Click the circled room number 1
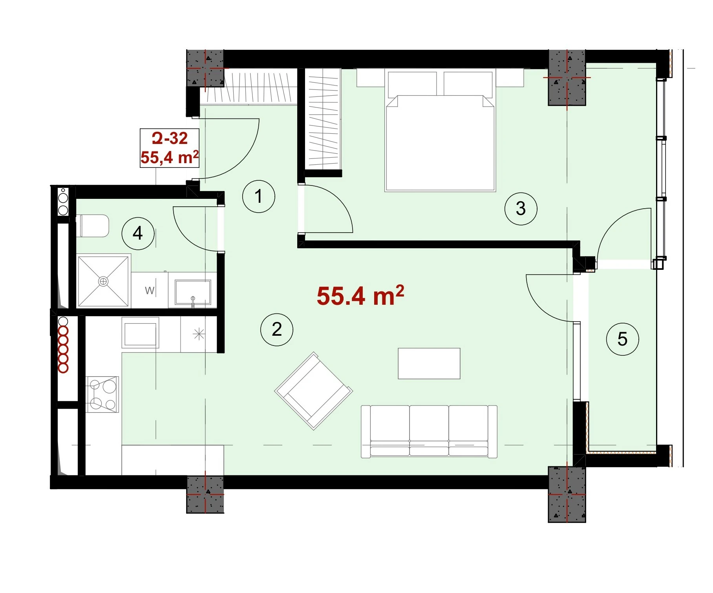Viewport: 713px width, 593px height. point(258,196)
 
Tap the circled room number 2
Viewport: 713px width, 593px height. point(277,329)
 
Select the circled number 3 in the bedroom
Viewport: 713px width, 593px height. point(521,209)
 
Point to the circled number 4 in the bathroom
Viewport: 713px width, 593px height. point(138,233)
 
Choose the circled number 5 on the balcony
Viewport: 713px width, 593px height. point(622,339)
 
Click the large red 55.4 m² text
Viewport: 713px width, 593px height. point(360,296)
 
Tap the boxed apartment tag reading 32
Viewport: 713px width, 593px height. point(170,148)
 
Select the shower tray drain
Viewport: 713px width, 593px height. point(103,281)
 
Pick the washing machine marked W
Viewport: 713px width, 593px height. point(150,290)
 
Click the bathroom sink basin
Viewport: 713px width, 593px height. point(193,292)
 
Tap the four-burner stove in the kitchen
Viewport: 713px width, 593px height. point(102,394)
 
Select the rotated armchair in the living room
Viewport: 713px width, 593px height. point(314,391)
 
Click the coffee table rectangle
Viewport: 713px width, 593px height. point(429,364)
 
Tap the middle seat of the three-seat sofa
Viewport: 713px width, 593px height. point(429,431)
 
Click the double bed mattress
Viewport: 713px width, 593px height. point(440,143)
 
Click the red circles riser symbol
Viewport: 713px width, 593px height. point(63,345)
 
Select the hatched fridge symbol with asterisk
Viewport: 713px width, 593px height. point(199,335)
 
